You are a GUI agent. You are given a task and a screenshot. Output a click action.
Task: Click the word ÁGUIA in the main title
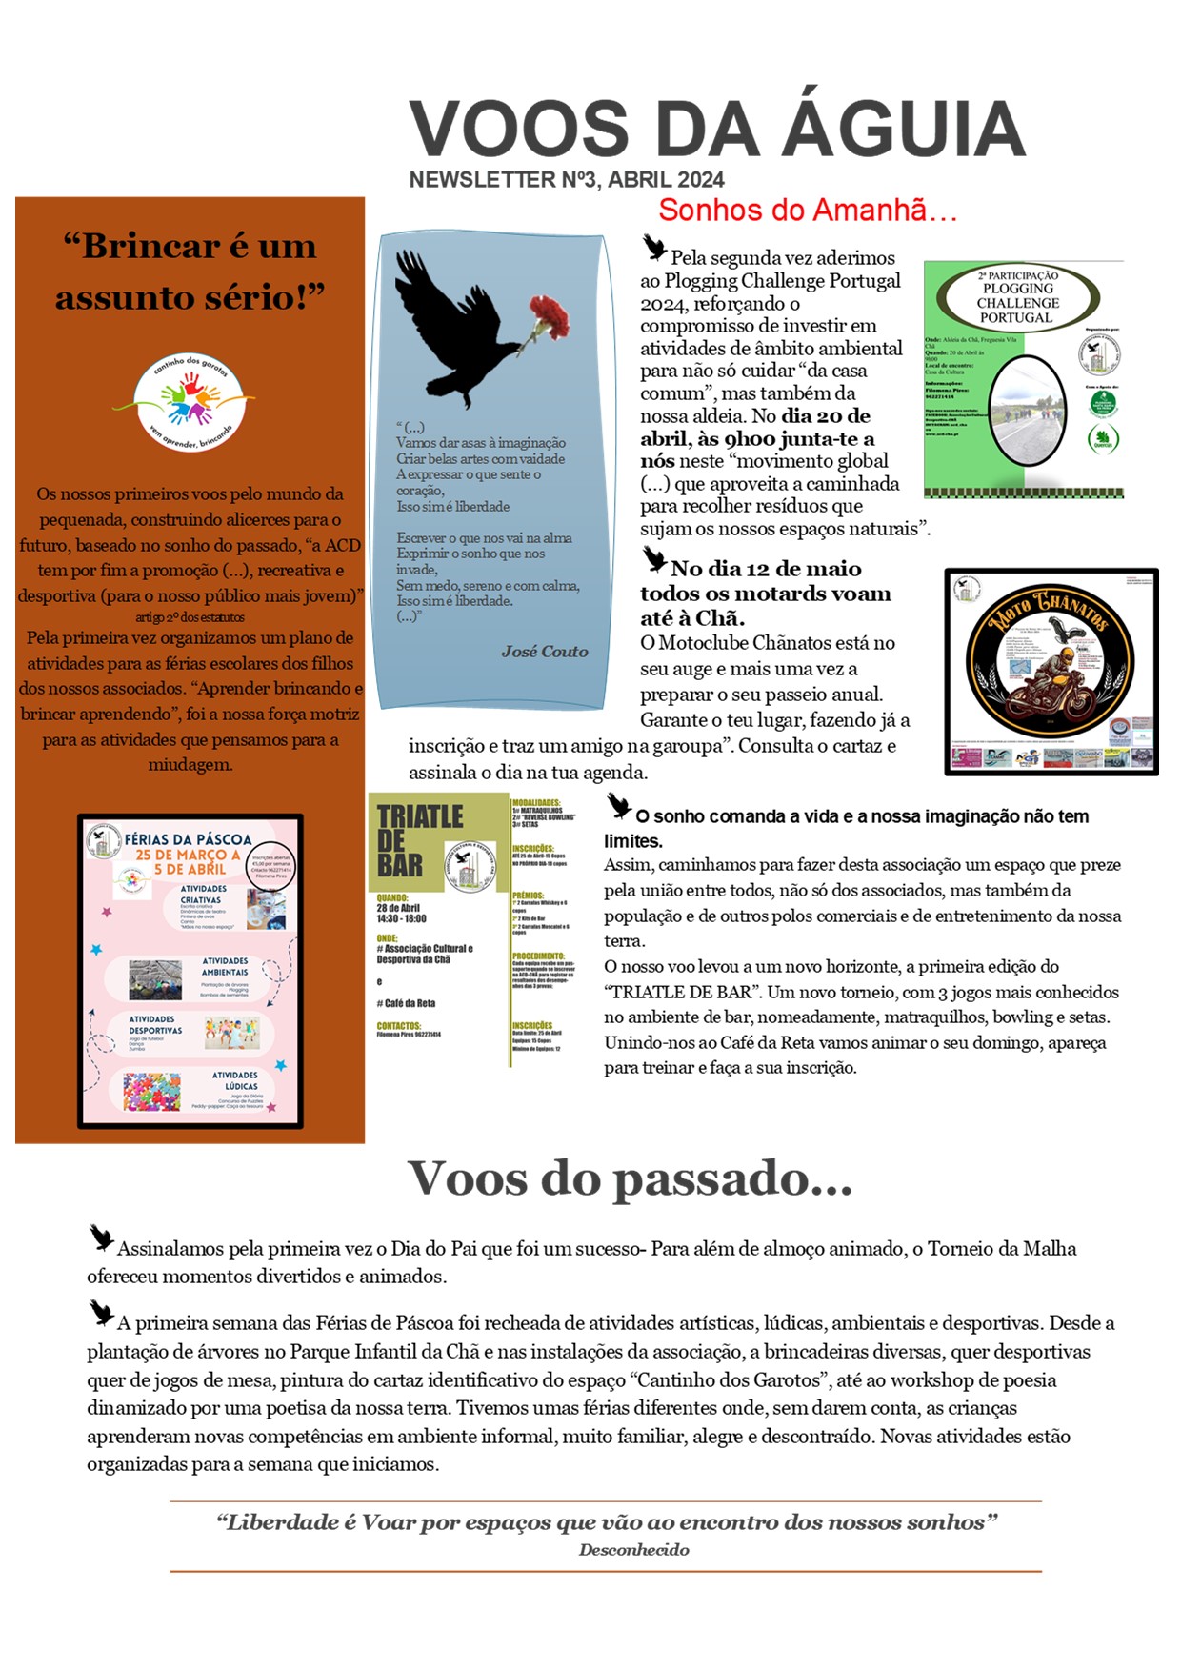(x=904, y=129)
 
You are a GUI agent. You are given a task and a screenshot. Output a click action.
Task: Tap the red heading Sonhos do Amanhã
(x=807, y=211)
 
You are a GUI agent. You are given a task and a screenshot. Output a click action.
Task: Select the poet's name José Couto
(x=544, y=652)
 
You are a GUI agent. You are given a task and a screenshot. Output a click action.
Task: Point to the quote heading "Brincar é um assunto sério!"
(x=190, y=272)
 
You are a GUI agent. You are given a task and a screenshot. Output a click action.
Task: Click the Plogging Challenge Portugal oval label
(x=1017, y=296)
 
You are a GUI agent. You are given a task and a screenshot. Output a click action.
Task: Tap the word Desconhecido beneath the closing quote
(x=633, y=1550)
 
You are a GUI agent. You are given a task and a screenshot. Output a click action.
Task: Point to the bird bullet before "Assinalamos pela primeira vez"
(x=101, y=1238)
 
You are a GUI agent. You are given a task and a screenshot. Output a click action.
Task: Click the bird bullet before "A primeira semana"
(x=101, y=1312)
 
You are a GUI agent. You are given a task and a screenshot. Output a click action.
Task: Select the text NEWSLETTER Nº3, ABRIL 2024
(x=567, y=180)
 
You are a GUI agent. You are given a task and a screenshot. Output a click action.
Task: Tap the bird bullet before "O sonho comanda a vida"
(x=619, y=806)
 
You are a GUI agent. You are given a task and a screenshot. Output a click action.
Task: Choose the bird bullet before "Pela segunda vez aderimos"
(x=654, y=248)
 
